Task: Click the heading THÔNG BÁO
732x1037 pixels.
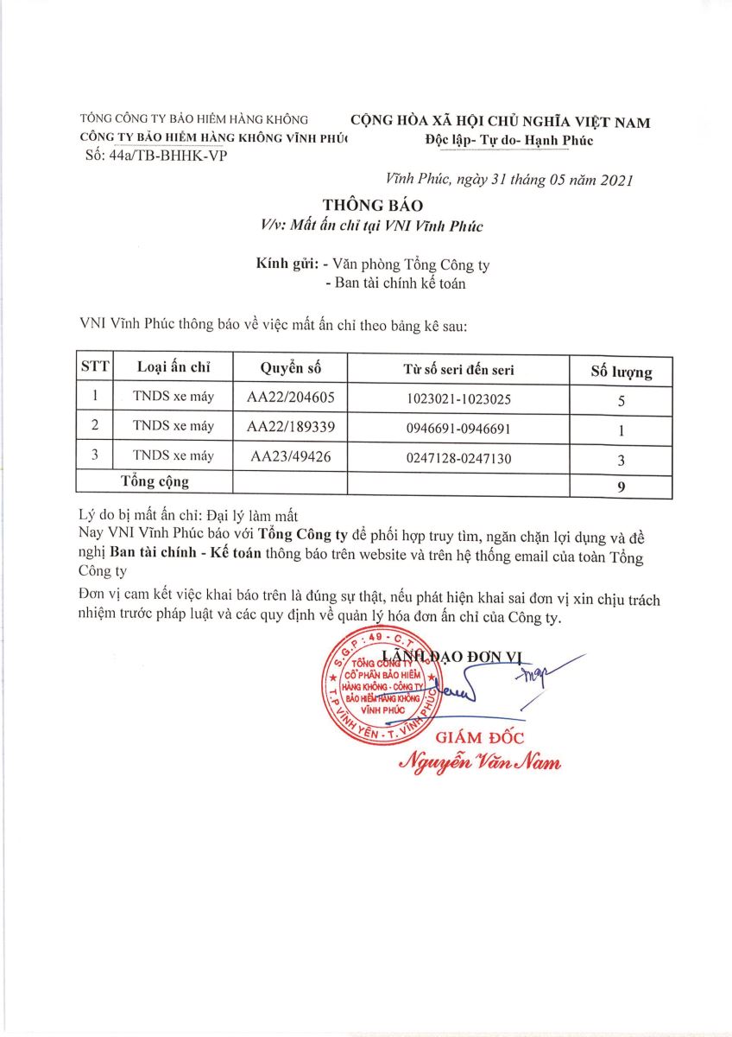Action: pyautogui.click(x=374, y=206)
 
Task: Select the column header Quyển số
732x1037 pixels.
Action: pyautogui.click(x=290, y=367)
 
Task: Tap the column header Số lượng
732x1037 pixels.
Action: pyautogui.click(x=621, y=372)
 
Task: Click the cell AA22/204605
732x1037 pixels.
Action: pyautogui.click(x=290, y=398)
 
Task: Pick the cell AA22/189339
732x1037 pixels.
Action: pyautogui.click(x=290, y=427)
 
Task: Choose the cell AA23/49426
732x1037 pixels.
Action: pyautogui.click(x=290, y=456)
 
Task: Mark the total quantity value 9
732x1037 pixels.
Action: pyautogui.click(x=621, y=487)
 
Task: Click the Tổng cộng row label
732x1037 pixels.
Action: pyautogui.click(x=155, y=481)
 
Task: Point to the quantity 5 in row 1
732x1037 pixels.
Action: pyautogui.click(x=621, y=402)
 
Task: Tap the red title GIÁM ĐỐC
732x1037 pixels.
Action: pyautogui.click(x=480, y=737)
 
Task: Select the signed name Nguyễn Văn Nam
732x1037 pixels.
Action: pyautogui.click(x=479, y=761)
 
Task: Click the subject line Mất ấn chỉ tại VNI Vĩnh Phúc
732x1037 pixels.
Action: pyautogui.click(x=373, y=226)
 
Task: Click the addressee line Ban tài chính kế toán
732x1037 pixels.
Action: pyautogui.click(x=394, y=283)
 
